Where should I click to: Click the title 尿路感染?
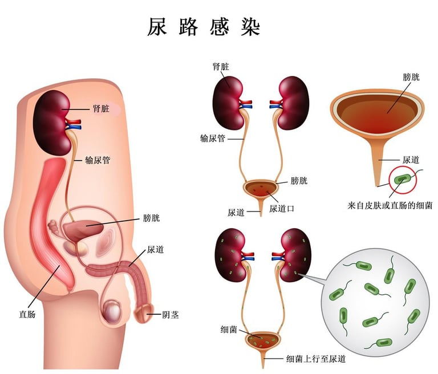click(x=205, y=27)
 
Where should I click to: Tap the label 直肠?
click(x=27, y=313)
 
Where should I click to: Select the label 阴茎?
click(x=171, y=314)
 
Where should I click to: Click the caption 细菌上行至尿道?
click(x=315, y=359)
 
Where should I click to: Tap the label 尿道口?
click(x=282, y=209)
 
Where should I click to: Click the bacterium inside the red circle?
click(x=403, y=178)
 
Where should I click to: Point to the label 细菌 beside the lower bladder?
click(x=229, y=329)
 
